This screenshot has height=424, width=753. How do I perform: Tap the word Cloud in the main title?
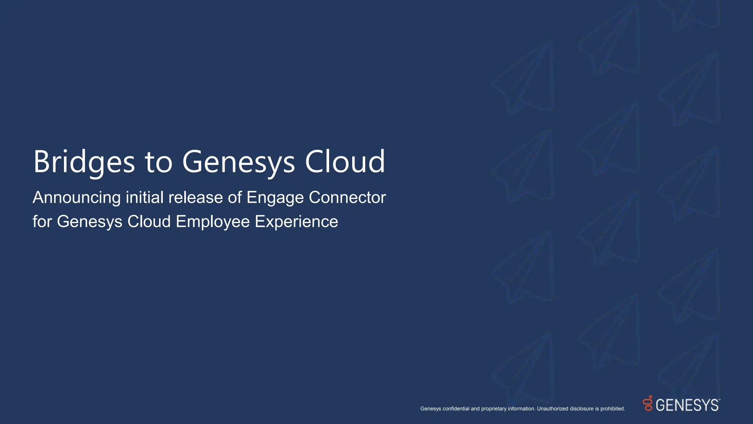(345, 162)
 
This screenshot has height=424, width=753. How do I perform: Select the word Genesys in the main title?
(238, 162)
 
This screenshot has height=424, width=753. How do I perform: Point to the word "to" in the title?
(158, 162)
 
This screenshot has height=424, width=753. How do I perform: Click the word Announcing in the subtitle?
(76, 198)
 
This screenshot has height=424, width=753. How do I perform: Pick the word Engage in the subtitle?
(275, 198)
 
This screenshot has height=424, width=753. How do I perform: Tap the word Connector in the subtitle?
(347, 198)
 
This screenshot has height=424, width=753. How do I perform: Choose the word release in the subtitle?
(196, 198)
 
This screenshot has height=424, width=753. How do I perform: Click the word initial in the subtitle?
(144, 198)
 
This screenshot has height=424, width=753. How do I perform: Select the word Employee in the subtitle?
(213, 222)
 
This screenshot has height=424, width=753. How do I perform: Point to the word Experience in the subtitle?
(296, 222)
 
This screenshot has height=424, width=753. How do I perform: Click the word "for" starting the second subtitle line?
(42, 222)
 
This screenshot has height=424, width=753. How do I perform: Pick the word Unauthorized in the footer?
(553, 409)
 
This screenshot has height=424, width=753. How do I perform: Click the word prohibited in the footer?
(613, 409)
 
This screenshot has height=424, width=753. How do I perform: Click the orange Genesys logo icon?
(648, 403)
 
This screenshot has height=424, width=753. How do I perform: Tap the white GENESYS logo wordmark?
(687, 405)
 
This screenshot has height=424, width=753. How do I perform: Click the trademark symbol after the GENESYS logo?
(719, 400)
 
